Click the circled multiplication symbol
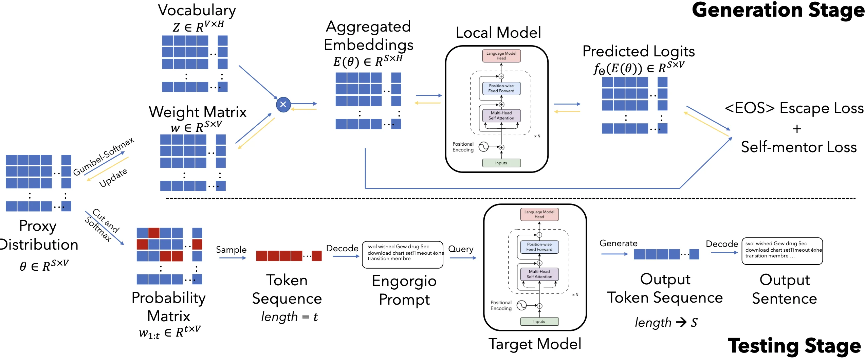coord(283,105)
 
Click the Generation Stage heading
coord(777,10)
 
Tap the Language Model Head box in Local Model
coord(501,56)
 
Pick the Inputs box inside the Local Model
coord(501,163)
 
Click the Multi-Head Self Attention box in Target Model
coord(539,274)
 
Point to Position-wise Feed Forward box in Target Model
coord(539,247)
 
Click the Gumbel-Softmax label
coord(104,157)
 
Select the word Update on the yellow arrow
coord(113,177)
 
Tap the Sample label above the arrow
coord(231,250)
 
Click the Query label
coord(461,249)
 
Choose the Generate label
coord(618,243)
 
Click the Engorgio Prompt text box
coord(403,254)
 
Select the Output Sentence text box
coord(782,251)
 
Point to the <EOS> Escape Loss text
coord(794,108)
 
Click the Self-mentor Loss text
coord(798,147)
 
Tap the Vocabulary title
coord(197,10)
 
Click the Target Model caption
coord(535,344)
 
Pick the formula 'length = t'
coord(289,317)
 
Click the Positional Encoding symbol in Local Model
coord(483,147)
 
